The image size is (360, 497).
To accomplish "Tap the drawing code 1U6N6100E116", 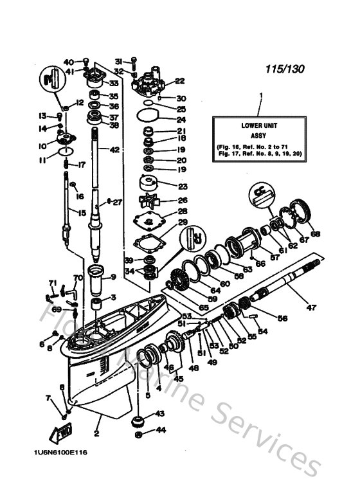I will click(x=57, y=452).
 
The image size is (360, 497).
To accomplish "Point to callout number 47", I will click(x=310, y=308).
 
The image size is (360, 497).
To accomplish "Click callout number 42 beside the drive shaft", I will click(x=114, y=150).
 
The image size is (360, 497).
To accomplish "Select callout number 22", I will click(x=179, y=81).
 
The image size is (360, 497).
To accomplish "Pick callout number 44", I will click(x=159, y=429).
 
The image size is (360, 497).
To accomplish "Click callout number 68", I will click(x=314, y=233).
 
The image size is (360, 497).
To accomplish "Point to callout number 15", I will click(x=82, y=213).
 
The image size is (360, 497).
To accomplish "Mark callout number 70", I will click(x=78, y=278).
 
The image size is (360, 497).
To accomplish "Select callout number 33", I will click(x=113, y=82).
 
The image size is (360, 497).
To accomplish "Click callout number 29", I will click(x=183, y=222).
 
